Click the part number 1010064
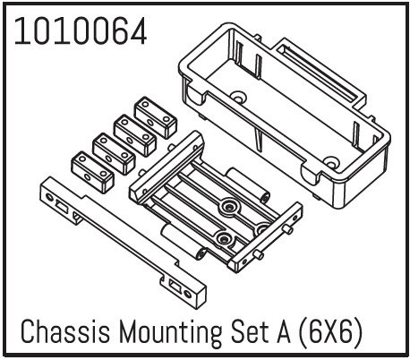[81, 31]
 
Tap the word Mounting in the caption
[170, 332]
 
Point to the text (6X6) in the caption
[331, 332]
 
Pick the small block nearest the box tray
[155, 117]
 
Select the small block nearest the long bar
[92, 172]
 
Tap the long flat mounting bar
[124, 242]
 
